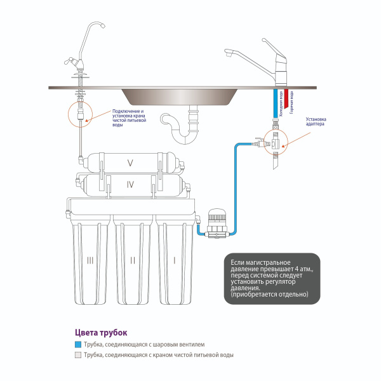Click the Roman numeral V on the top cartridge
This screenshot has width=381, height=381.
pos(130,163)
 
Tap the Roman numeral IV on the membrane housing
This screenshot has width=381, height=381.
pos(130,185)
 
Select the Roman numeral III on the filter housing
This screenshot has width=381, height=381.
pos(90,260)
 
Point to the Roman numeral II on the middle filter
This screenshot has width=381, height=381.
pos(133,260)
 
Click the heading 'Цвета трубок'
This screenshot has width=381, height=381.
pos(101,332)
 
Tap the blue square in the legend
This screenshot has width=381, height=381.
pos(77,344)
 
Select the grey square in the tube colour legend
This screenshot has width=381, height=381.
pos(77,355)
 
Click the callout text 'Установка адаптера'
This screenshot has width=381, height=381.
pos(316,122)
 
